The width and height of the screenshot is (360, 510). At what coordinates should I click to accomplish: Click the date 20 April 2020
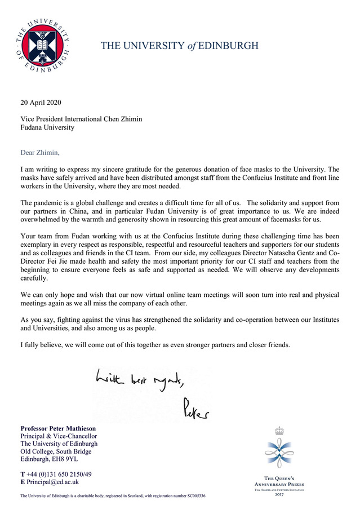(41, 103)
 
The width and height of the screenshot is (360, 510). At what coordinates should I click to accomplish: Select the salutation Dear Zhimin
(39, 152)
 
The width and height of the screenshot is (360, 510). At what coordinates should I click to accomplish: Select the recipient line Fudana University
(47, 127)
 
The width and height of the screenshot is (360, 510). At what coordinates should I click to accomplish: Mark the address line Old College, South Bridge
(56, 451)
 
